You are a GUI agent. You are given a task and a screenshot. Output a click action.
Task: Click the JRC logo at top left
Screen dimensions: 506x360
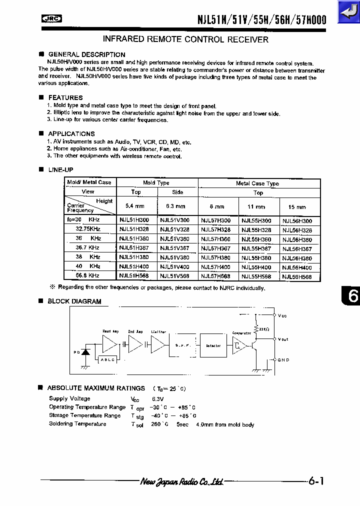[x=51, y=19]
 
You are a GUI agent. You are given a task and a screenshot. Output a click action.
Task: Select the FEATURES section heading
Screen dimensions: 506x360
[x=65, y=97]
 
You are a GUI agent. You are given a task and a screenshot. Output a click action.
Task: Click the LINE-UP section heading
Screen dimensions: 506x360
[x=60, y=170]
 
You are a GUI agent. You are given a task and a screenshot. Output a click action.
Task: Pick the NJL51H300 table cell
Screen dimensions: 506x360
[x=134, y=220]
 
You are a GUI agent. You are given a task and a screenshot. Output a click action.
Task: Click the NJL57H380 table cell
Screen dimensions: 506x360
[x=215, y=258]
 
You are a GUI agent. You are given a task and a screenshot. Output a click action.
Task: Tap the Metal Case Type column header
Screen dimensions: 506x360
[x=257, y=183]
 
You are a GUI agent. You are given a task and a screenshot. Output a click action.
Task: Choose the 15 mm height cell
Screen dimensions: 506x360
[x=297, y=206]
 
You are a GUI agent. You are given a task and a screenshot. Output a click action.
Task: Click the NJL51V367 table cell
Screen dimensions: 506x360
[x=174, y=248]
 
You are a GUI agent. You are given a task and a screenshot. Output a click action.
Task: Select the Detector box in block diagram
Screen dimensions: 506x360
[x=213, y=345]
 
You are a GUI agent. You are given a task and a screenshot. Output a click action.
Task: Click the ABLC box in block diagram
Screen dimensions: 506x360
[x=107, y=359]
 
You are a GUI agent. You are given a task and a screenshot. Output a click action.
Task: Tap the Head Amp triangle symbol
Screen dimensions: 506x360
[x=109, y=344]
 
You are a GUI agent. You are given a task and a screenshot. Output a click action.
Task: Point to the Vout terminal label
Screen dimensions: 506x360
[x=283, y=339]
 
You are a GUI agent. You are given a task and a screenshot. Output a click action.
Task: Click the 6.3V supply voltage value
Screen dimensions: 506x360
[x=158, y=399]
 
